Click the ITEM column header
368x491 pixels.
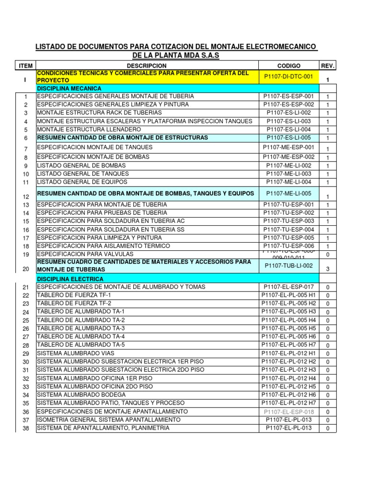25,65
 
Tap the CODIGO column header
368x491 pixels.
288,65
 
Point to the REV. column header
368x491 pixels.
328,65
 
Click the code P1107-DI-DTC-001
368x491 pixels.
288,76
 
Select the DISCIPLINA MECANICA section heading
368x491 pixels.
69,88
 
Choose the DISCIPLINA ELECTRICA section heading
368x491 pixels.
70,279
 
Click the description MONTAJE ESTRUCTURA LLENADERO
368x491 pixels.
89,129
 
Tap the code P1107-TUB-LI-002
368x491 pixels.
288,265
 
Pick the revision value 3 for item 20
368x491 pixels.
328,269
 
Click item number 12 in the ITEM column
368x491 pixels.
26,197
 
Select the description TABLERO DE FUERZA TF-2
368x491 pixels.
74,304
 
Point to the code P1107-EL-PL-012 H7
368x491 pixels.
289,402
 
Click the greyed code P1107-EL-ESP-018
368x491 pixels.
289,411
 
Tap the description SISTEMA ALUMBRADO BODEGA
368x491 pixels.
81,395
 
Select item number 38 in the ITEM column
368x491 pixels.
26,429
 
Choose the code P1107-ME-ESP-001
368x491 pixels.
289,147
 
